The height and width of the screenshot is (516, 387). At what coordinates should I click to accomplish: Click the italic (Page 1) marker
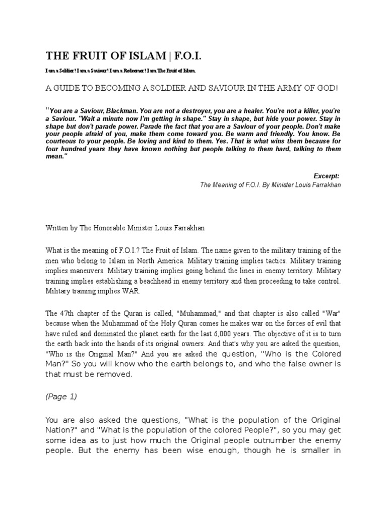(61, 396)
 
